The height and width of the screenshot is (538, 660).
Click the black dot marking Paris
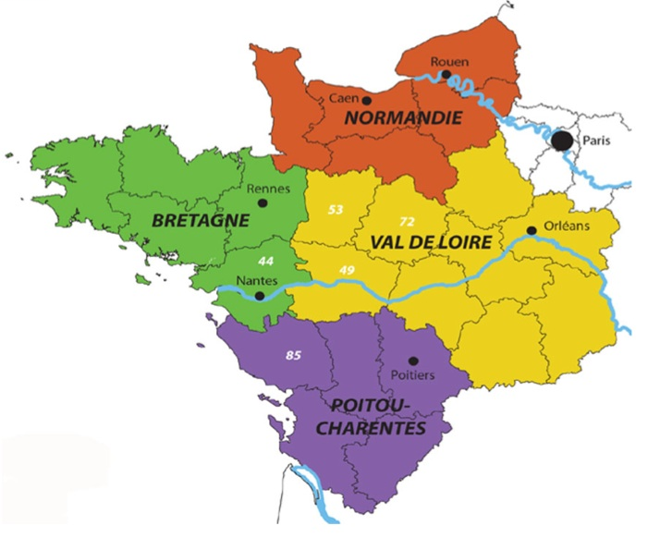[x=562, y=141]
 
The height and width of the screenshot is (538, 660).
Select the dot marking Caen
[x=367, y=100]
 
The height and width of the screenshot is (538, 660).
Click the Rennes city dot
[x=263, y=202]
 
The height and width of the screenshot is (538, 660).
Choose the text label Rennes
[x=270, y=188]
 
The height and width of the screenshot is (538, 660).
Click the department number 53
[x=336, y=210]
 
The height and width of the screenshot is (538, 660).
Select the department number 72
[x=407, y=223]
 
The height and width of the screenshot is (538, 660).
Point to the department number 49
[x=348, y=269]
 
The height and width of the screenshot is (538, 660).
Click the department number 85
[x=294, y=355]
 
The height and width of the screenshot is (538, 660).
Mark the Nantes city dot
[x=260, y=297]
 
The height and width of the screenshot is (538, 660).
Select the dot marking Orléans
[x=532, y=230]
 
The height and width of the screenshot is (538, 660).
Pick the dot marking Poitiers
[x=413, y=361]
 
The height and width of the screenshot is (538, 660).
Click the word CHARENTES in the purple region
[x=380, y=429]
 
